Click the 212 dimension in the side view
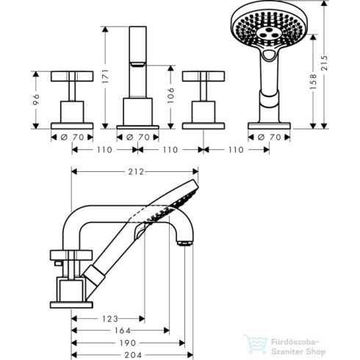pos(135,172)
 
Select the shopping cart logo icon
pos(256,342)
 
